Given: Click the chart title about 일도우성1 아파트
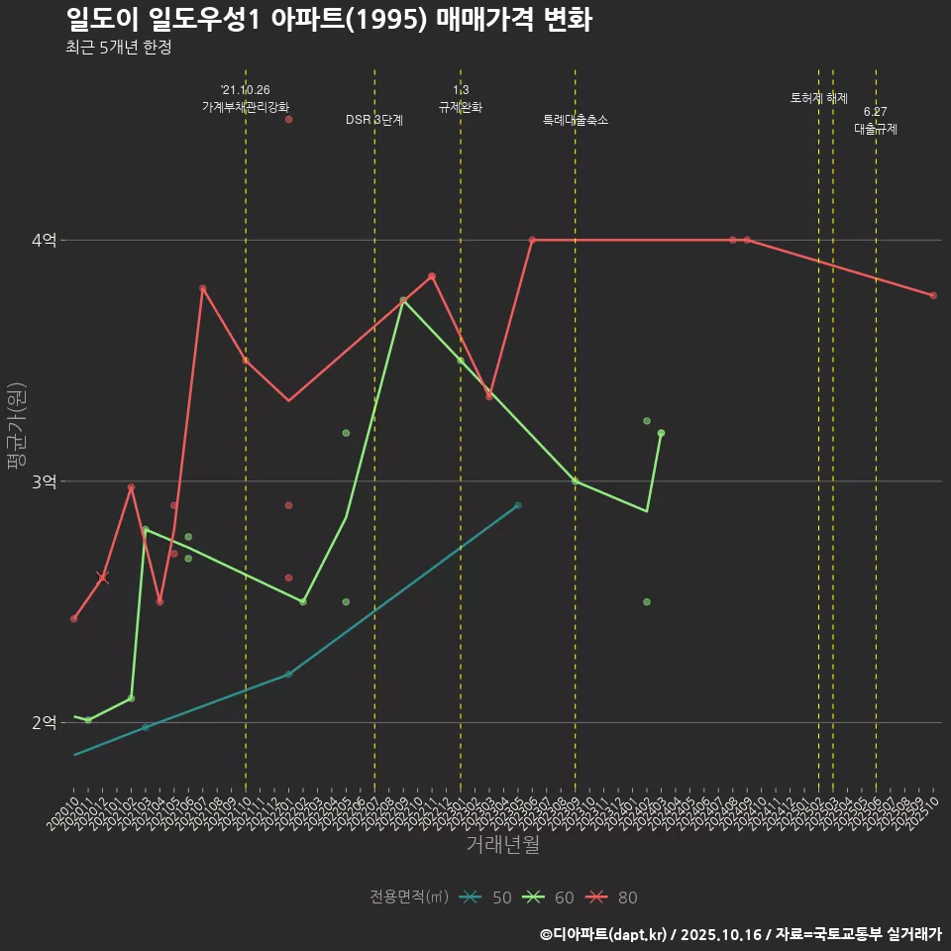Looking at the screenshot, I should pyautogui.click(x=329, y=19).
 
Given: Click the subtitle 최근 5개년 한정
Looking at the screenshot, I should pyautogui.click(x=118, y=48).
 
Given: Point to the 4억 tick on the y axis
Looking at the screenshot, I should pyautogui.click(x=45, y=240).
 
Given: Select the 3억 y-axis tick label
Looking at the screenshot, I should pyautogui.click(x=45, y=481).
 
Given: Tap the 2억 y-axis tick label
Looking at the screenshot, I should pyautogui.click(x=45, y=723).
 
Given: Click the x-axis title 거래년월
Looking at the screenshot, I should pyautogui.click(x=503, y=845).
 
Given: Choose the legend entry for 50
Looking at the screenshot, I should pyautogui.click(x=486, y=898).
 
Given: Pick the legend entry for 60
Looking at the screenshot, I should pyautogui.click(x=550, y=898).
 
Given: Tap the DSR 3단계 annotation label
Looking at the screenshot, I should pyautogui.click(x=374, y=120).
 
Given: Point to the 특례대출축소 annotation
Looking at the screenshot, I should pyautogui.click(x=576, y=120).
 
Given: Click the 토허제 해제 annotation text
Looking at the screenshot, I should pyautogui.click(x=819, y=98).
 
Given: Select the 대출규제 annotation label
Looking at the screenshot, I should pyautogui.click(x=876, y=129).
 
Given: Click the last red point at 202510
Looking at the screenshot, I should pyautogui.click(x=933, y=295).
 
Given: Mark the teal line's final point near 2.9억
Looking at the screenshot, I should pyautogui.click(x=517, y=505).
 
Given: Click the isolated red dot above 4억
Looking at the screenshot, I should pyautogui.click(x=288, y=120).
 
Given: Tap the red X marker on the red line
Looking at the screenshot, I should pyautogui.click(x=102, y=578).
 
